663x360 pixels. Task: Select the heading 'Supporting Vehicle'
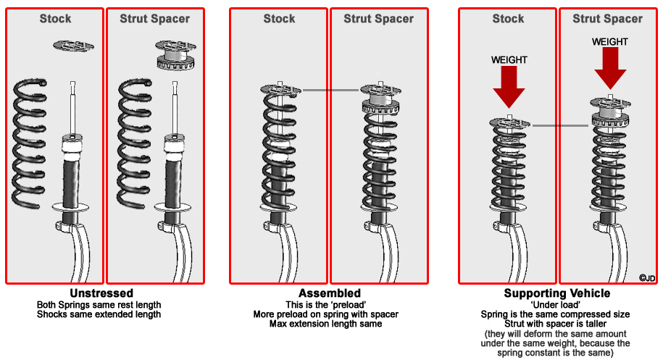556,293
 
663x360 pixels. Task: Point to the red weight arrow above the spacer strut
609,70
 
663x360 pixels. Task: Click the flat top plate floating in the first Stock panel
72,46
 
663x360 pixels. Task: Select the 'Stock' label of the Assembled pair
279,19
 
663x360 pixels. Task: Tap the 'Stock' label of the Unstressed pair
55,19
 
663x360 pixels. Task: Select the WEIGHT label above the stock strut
509,59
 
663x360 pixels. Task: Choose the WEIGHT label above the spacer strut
609,42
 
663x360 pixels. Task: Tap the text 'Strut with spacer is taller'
556,324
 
